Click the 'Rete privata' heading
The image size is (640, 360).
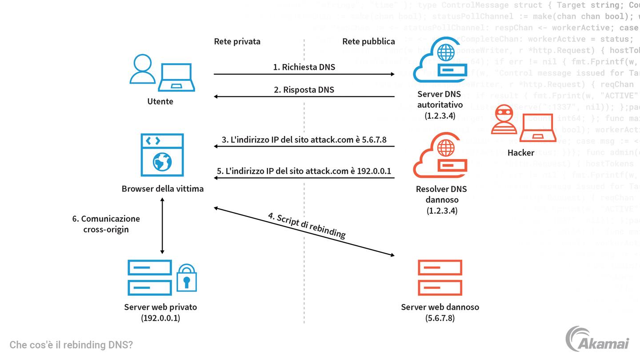click(237, 41)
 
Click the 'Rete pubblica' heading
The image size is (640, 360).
click(368, 41)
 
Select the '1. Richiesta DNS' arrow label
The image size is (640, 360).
click(304, 67)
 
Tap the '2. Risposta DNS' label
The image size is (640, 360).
click(304, 89)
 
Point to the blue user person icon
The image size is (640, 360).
click(142, 69)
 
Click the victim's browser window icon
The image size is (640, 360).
click(162, 154)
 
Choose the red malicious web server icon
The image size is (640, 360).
click(440, 278)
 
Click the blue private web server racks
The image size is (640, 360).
click(149, 278)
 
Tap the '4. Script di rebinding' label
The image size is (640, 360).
click(307, 226)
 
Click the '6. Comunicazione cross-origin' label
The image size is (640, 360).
click(106, 224)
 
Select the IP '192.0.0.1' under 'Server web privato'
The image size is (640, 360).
click(160, 318)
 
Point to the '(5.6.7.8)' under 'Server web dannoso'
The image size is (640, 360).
click(440, 318)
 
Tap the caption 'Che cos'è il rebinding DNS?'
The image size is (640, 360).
click(71, 345)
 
